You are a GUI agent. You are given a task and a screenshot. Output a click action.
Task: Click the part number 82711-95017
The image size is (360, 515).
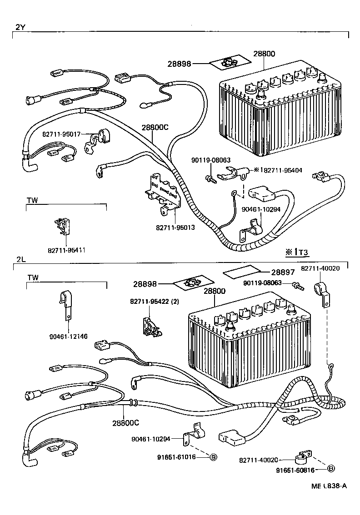(x=61, y=134)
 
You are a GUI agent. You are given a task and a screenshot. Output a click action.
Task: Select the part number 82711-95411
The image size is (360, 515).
(x=67, y=250)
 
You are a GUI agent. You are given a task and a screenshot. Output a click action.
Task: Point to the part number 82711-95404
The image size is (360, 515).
(x=283, y=170)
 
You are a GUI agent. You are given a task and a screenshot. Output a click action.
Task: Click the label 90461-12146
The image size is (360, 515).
(x=69, y=337)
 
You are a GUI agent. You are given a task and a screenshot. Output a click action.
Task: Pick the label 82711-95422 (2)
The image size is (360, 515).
(x=154, y=302)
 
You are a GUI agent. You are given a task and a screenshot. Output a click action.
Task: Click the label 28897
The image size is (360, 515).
(x=283, y=272)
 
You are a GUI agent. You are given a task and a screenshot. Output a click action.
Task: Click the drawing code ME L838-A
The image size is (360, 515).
(x=329, y=485)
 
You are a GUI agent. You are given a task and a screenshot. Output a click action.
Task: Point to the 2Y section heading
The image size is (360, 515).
(x=20, y=27)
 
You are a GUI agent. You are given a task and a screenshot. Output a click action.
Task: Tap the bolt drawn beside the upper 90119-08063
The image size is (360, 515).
(x=210, y=178)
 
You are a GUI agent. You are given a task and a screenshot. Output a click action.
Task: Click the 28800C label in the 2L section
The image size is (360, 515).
(x=125, y=423)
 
